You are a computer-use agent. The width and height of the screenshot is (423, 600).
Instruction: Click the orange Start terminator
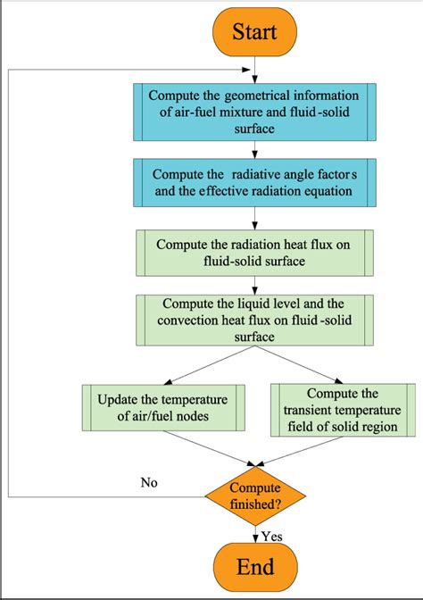click(x=255, y=32)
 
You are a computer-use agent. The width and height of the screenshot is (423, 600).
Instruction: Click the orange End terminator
click(x=255, y=568)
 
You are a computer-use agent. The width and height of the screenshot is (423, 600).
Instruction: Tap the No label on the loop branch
click(x=151, y=482)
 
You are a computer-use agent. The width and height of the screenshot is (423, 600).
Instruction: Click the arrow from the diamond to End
click(x=256, y=533)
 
